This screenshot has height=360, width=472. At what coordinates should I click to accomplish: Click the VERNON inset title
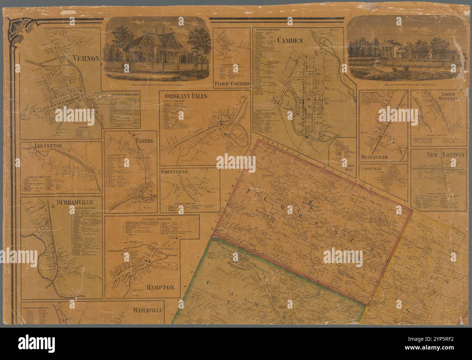(x=86, y=58)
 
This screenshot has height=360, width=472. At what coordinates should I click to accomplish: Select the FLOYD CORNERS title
(x=232, y=83)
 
